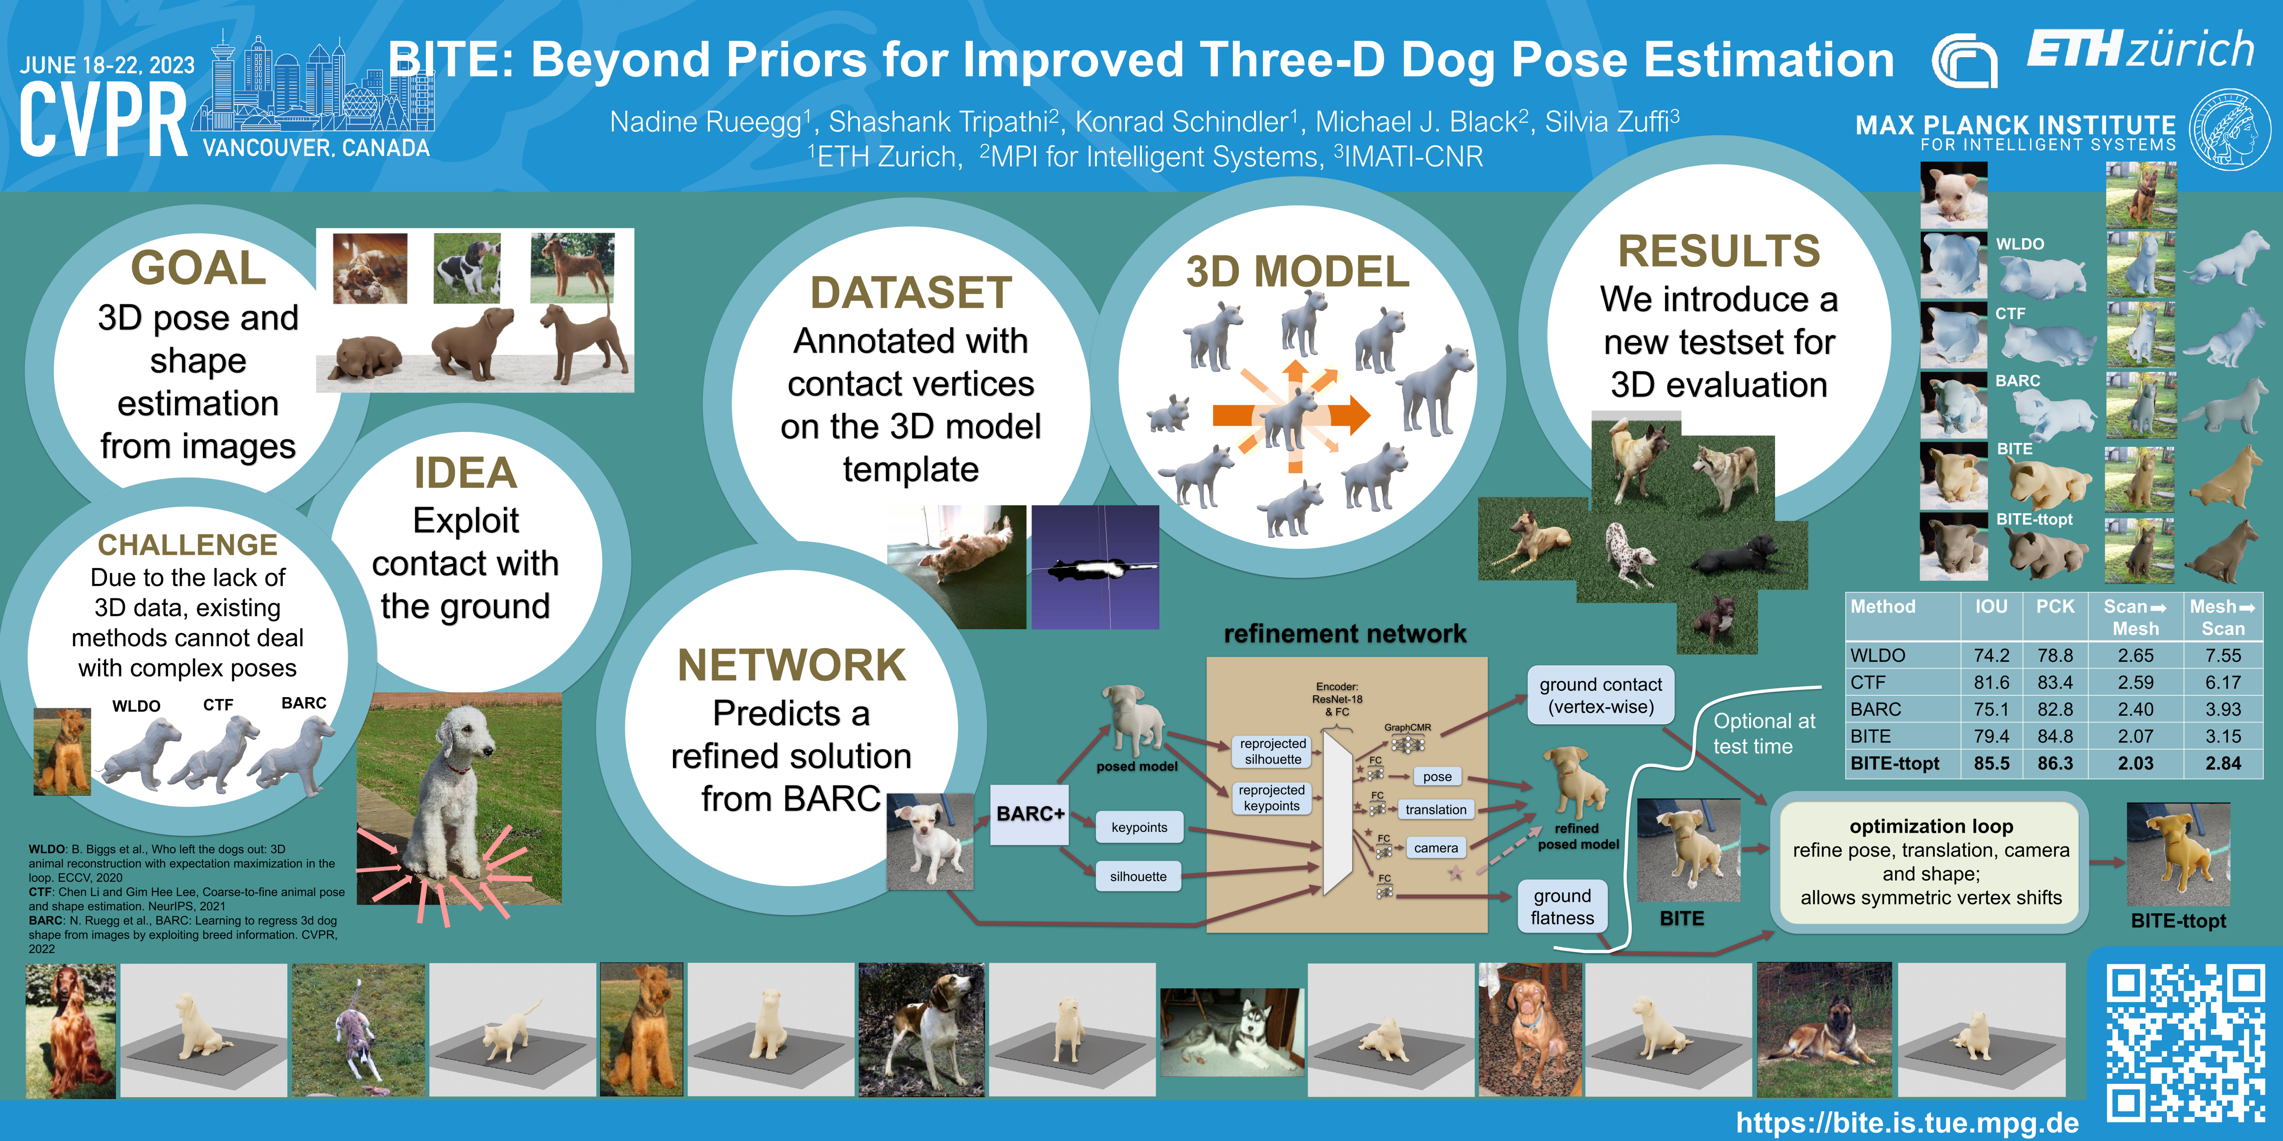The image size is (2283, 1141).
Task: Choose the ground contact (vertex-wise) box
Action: [x=1601, y=695]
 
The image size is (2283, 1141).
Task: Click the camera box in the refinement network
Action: [x=1436, y=848]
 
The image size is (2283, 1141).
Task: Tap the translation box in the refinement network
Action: [x=1436, y=809]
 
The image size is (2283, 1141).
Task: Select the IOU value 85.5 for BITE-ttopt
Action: [x=1991, y=763]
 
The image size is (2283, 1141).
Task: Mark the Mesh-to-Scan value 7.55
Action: [x=2223, y=656]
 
